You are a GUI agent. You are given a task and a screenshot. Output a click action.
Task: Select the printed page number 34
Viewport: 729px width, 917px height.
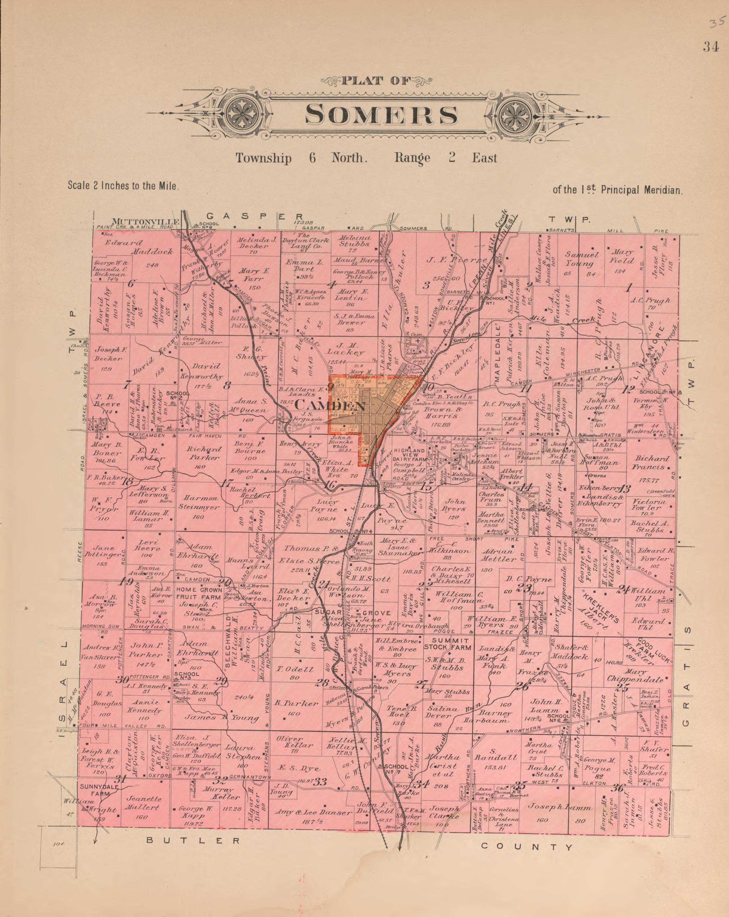click(x=711, y=48)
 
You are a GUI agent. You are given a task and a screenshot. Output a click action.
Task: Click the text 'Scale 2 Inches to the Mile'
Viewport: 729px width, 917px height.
click(x=123, y=186)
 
